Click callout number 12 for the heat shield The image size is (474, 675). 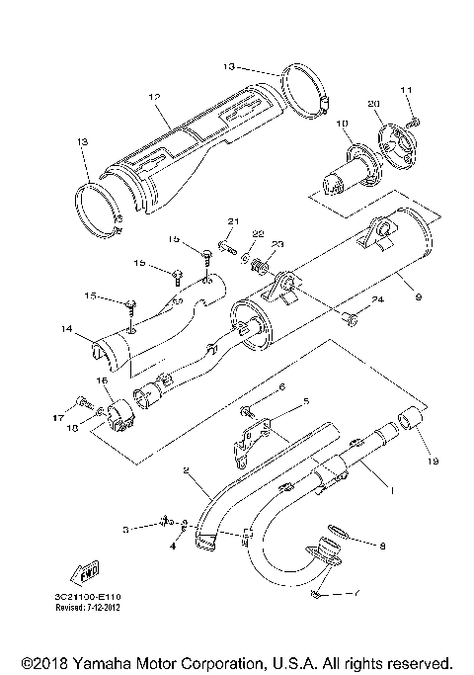(154, 97)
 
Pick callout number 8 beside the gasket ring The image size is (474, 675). (381, 545)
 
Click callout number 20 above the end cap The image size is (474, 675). (373, 104)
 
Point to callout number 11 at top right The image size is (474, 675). (406, 91)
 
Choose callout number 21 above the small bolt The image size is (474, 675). (234, 220)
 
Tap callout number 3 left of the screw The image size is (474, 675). (126, 530)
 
